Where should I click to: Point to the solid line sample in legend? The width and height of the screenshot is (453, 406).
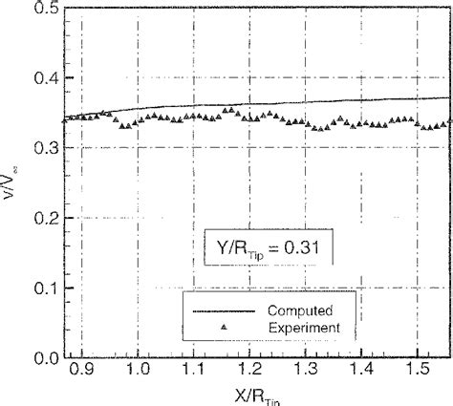tap(224, 310)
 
